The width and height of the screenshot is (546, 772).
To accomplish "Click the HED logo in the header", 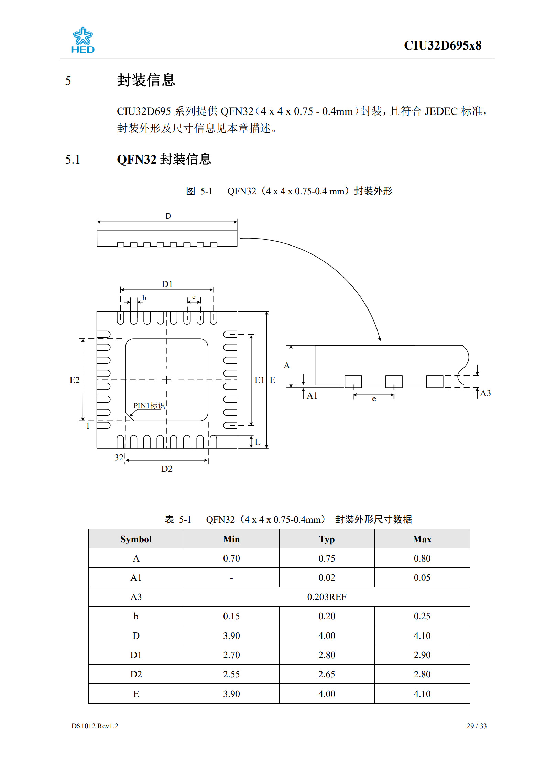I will click(83, 40).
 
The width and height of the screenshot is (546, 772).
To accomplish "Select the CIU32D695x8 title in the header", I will click(442, 45).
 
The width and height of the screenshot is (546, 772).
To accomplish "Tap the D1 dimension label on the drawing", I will click(167, 284).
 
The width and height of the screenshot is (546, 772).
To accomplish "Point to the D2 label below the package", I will click(167, 469).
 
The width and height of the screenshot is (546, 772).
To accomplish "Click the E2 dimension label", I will click(75, 380).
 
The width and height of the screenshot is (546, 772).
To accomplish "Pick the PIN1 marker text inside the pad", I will click(149, 406).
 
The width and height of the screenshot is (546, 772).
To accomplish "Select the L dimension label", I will click(258, 442).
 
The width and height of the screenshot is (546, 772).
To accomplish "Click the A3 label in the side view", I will click(485, 393).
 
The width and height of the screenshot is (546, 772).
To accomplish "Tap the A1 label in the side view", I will click(312, 395).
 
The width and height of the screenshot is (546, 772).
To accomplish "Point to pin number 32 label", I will click(119, 457).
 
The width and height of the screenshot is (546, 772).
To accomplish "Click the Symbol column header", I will click(136, 539).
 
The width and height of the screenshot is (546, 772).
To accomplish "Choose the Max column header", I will click(422, 539).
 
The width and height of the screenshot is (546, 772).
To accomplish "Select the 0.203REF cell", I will click(327, 597).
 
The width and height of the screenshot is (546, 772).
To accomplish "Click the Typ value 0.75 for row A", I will click(327, 558).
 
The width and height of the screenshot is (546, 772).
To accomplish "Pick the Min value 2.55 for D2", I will click(231, 674).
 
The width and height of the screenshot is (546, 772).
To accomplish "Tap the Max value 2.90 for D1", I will click(422, 655).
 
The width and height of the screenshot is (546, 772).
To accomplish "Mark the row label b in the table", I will click(136, 616).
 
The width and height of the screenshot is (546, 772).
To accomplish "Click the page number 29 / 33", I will click(476, 726).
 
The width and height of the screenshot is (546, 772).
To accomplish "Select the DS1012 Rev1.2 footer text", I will click(95, 726).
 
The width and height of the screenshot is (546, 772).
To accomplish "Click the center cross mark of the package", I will click(167, 380).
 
